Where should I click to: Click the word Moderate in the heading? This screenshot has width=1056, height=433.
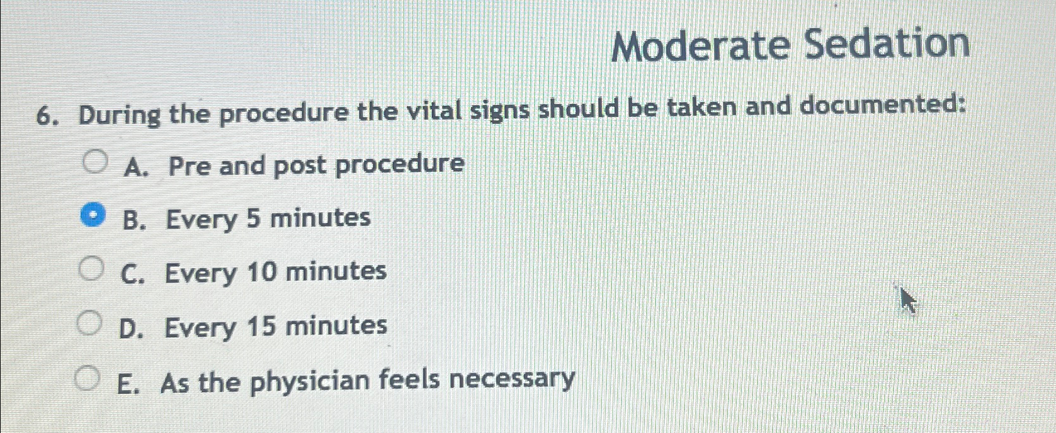(x=701, y=46)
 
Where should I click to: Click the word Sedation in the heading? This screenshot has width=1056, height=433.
(x=887, y=44)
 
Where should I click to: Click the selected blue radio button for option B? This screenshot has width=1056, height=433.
(x=93, y=216)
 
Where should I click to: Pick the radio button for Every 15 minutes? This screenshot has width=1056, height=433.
(x=89, y=323)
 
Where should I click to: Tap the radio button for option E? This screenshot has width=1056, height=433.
(x=87, y=378)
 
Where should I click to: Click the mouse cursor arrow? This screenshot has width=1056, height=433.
(x=907, y=300)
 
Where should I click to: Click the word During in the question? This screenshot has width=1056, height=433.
(x=119, y=116)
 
